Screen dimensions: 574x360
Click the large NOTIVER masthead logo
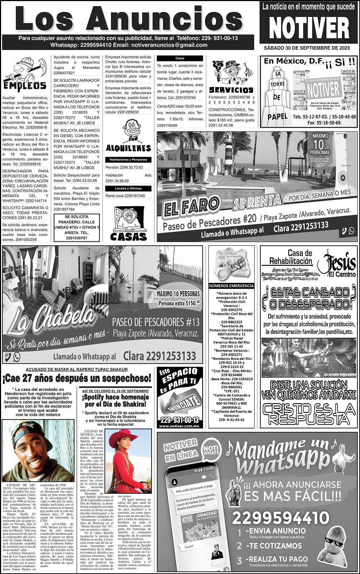309,28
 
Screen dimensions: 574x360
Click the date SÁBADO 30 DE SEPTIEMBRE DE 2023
309,48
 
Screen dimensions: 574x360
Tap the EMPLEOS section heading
24,85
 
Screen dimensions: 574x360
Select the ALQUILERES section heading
129,148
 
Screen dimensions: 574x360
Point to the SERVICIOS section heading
231,90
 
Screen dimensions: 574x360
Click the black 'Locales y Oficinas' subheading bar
128,188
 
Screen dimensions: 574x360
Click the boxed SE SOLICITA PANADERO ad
77,227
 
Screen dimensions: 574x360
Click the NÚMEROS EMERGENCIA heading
231,286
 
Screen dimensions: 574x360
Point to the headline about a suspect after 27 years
77,379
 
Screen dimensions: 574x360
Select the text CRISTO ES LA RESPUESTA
309,414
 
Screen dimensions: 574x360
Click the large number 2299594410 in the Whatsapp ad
280,519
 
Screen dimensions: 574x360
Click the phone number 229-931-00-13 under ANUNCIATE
180,420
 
